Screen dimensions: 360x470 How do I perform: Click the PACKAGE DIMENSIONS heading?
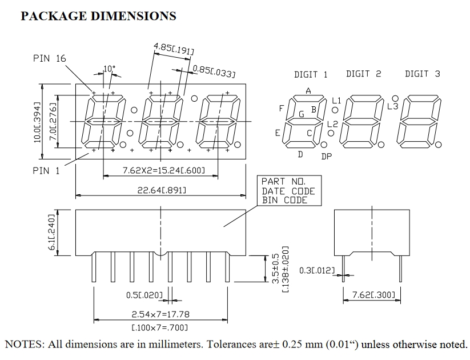pyautogui.click(x=98, y=16)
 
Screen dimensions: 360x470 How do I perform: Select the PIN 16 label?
pyautogui.click(x=50, y=58)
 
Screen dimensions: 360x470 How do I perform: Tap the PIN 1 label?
pyautogui.click(x=46, y=170)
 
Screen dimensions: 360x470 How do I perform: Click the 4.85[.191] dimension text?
pyautogui.click(x=174, y=49)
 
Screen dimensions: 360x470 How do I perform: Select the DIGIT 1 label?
pyautogui.click(x=311, y=74)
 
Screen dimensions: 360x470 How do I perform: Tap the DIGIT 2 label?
pyautogui.click(x=363, y=74)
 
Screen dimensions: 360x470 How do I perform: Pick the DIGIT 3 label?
pyautogui.click(x=423, y=74)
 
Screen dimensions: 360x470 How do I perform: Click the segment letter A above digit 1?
pyautogui.click(x=308, y=90)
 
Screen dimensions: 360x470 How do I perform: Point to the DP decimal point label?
pyautogui.click(x=326, y=157)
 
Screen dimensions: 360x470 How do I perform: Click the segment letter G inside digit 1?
pyautogui.click(x=301, y=114)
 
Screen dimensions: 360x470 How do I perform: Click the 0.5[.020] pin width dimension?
pyautogui.click(x=144, y=295)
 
